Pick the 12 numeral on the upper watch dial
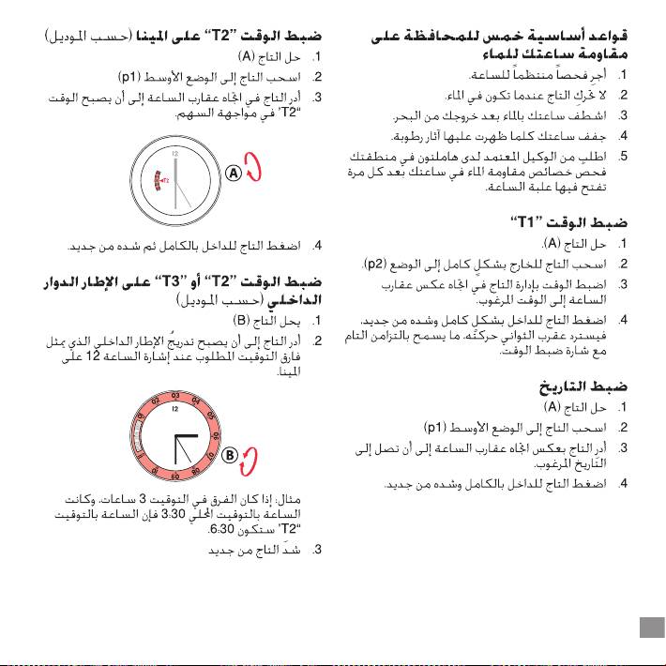(x=174, y=151)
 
